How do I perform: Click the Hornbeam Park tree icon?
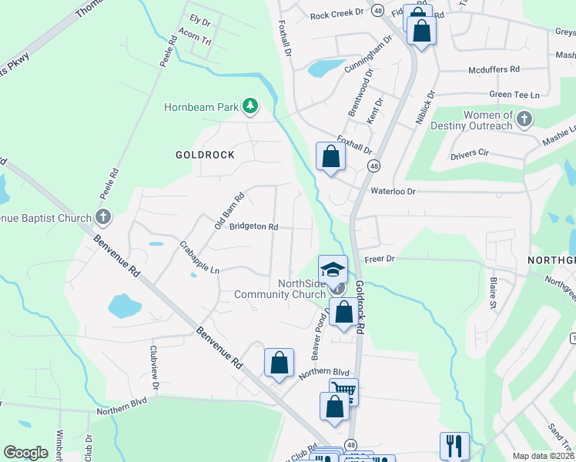click(249, 106)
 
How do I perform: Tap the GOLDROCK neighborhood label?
click(204, 155)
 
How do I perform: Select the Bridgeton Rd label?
click(253, 227)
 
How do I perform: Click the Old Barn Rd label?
click(229, 210)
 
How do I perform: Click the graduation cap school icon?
click(333, 269)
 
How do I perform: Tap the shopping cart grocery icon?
click(343, 391)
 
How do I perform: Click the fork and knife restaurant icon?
click(454, 445)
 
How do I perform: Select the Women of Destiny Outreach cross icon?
click(524, 119)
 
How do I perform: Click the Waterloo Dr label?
click(393, 191)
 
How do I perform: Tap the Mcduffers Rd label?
click(494, 70)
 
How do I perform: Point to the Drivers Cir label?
click(470, 154)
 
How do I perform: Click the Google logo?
click(25, 453)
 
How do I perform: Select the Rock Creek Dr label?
click(337, 15)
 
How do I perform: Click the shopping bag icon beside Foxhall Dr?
click(330, 156)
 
